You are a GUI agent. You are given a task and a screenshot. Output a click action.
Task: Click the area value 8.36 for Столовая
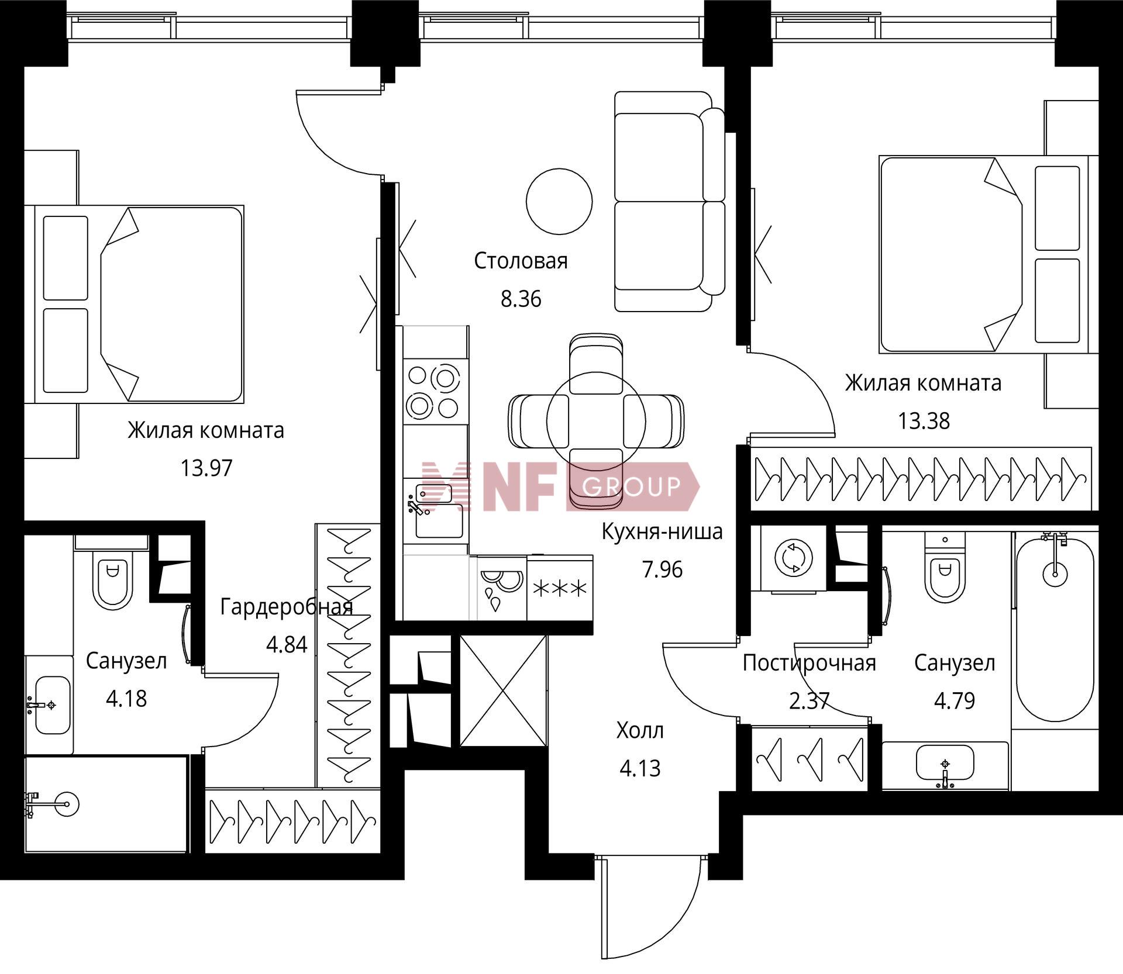[x=521, y=299]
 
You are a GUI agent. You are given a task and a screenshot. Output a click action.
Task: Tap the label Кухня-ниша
[x=662, y=531]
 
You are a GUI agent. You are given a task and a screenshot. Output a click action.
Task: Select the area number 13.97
[x=206, y=468]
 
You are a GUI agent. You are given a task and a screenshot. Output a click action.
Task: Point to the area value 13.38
[x=924, y=421]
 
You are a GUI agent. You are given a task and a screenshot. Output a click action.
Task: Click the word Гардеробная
[x=287, y=607]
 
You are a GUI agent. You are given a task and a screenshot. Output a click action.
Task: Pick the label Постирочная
[x=809, y=663]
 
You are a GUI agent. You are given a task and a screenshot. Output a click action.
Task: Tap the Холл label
[x=640, y=730]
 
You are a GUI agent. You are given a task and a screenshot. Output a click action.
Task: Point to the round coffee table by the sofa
[x=559, y=201]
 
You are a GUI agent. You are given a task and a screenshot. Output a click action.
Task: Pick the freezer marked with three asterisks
[x=560, y=588]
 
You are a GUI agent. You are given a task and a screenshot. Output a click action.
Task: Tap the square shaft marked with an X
[x=503, y=691]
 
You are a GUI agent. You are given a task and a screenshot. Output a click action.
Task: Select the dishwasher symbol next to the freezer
[x=502, y=588]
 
